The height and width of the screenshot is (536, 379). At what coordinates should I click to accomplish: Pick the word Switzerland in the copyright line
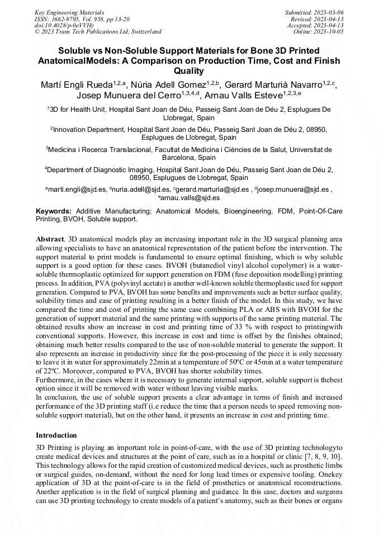[143, 32]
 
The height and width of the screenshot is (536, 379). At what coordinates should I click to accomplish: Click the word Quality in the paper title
[189, 72]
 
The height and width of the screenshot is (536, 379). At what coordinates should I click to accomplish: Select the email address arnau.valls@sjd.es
[190, 198]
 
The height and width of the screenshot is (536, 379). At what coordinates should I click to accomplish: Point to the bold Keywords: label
[54, 211]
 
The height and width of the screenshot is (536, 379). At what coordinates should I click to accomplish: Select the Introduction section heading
[56, 435]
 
